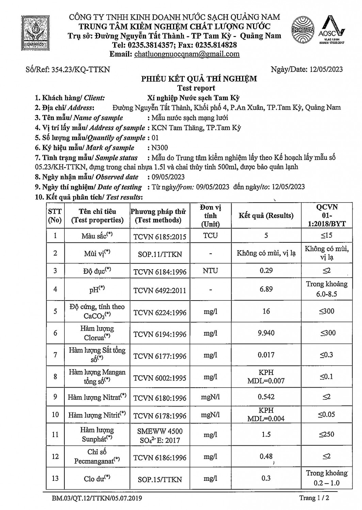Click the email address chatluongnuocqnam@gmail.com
(x=187, y=54)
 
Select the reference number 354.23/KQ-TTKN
(x=80, y=70)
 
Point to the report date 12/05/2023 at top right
(x=326, y=70)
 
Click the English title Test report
(x=199, y=88)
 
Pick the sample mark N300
(x=160, y=148)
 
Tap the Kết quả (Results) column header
(x=266, y=216)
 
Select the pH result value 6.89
(x=266, y=289)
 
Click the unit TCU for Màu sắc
(x=210, y=236)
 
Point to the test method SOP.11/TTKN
(x=160, y=254)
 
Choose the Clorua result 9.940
(x=266, y=333)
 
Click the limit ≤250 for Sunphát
(x=326, y=434)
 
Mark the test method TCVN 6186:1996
(x=160, y=458)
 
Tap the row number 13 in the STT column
(x=55, y=478)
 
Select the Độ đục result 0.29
(x=266, y=271)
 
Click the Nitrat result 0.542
(x=266, y=397)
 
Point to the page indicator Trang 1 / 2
(x=314, y=498)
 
